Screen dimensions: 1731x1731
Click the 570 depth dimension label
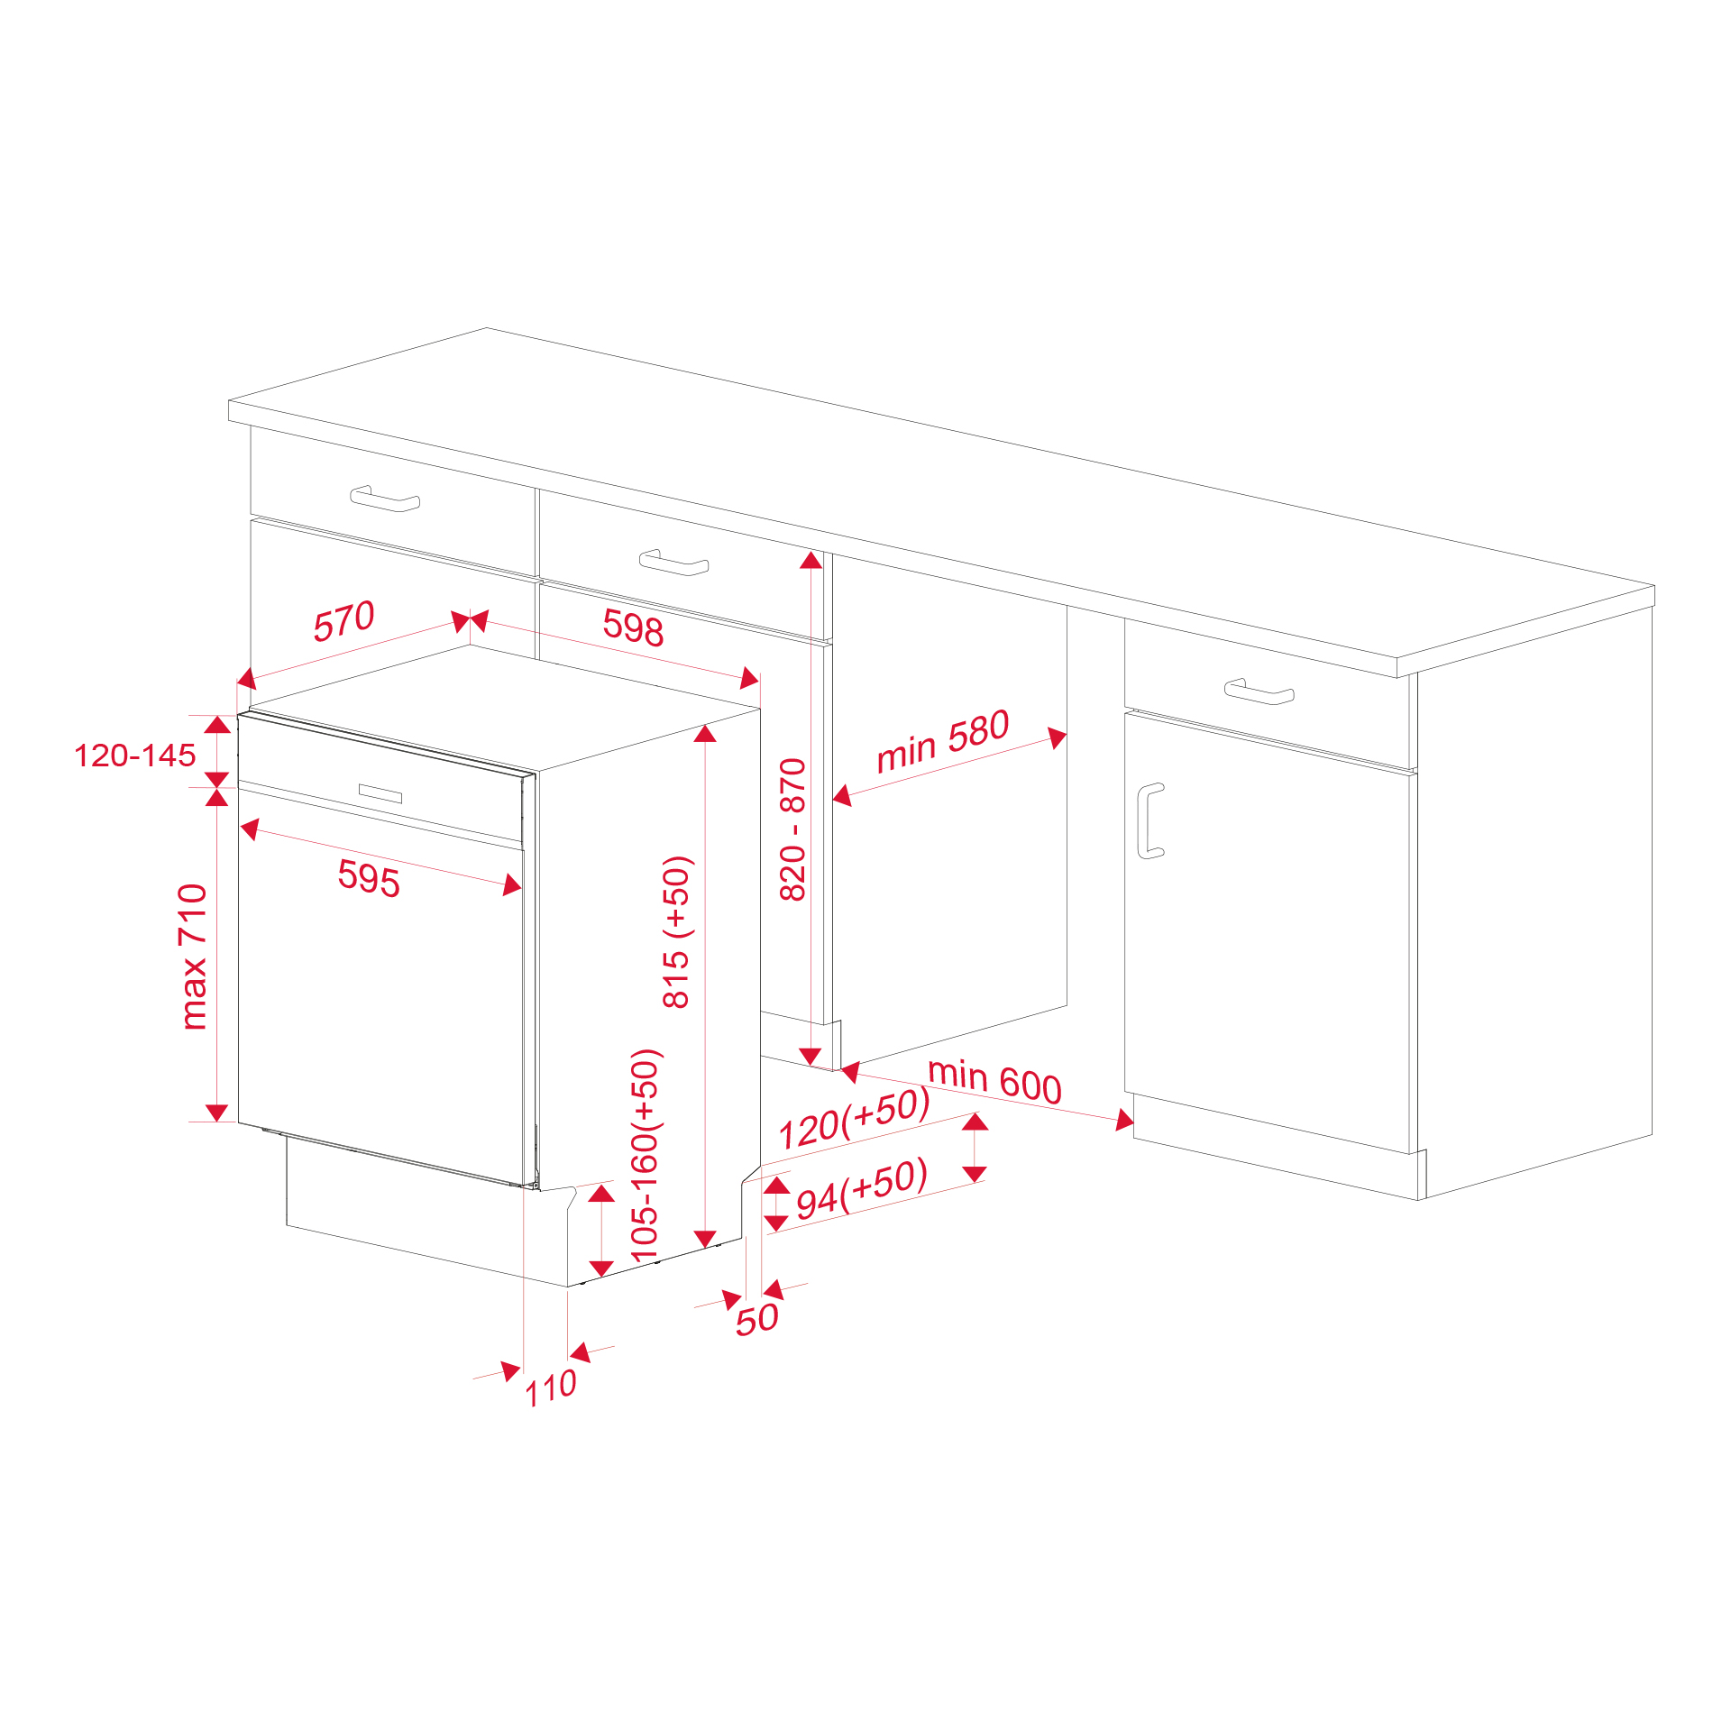pyautogui.click(x=343, y=621)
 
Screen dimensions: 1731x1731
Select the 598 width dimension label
pyautogui.click(x=633, y=627)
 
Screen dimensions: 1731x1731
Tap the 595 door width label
pyautogui.click(x=369, y=878)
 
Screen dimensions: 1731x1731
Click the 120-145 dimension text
pyautogui.click(x=134, y=756)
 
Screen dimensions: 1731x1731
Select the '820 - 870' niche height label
pyautogui.click(x=792, y=829)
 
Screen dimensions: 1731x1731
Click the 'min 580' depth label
pyautogui.click(x=942, y=741)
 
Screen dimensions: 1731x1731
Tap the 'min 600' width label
pyautogui.click(x=994, y=1081)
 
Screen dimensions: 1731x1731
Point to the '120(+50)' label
pyautogui.click(x=854, y=1119)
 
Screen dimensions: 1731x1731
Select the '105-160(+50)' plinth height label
pyautogui.click(x=646, y=1156)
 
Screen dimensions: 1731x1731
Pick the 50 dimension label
pyautogui.click(x=756, y=1320)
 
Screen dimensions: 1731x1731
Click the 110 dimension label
pyautogui.click(x=551, y=1388)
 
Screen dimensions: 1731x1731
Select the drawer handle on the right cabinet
pyautogui.click(x=1259, y=691)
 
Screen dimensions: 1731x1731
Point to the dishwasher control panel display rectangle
pyautogui.click(x=380, y=793)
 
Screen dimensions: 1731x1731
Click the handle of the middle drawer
pyautogui.click(x=673, y=563)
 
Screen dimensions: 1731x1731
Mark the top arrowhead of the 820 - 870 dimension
pyautogui.click(x=811, y=561)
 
